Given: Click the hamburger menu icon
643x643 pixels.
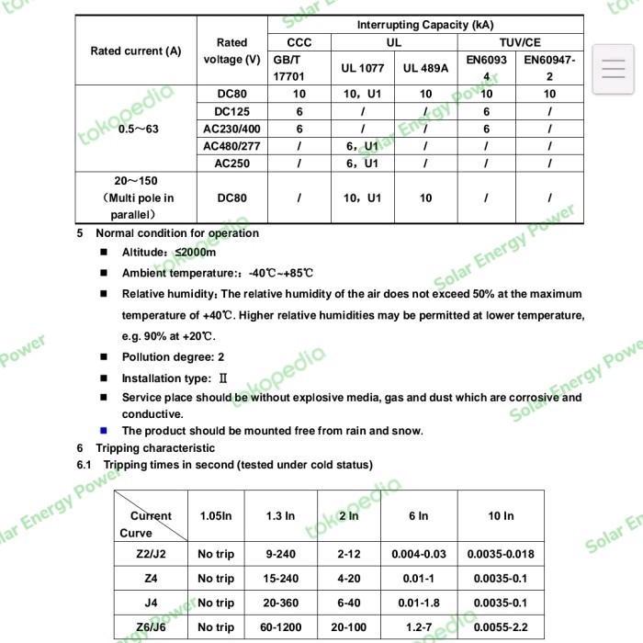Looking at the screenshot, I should click(613, 69).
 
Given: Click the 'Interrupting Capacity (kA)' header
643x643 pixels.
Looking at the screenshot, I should click(424, 25).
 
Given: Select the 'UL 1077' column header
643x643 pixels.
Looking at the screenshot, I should click(361, 68).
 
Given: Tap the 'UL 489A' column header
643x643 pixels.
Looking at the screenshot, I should click(425, 68).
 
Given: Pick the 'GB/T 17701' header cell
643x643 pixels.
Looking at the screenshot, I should click(299, 67).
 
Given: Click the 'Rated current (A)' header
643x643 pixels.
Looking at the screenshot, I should click(136, 51).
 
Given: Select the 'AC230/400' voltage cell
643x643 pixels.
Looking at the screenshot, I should click(231, 129).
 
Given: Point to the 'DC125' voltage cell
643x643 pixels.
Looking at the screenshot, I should click(231, 111).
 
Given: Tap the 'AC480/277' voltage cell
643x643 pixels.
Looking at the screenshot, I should click(231, 146).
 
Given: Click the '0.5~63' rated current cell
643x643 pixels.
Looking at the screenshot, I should click(139, 129).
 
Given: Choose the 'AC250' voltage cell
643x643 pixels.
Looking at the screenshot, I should click(231, 164).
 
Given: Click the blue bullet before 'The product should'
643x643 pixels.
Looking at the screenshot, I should click(104, 430).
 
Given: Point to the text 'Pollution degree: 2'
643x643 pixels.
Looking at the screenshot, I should click(173, 356).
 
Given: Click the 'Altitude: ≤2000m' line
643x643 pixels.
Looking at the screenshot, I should click(169, 253).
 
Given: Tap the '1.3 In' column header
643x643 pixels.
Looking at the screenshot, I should click(280, 516).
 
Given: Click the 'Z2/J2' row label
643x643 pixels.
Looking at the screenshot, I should click(151, 554).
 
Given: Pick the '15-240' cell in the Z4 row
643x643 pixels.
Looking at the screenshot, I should click(280, 579).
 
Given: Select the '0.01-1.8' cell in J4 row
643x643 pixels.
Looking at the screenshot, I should click(418, 603).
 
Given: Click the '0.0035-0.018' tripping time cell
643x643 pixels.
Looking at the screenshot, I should click(501, 554).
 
